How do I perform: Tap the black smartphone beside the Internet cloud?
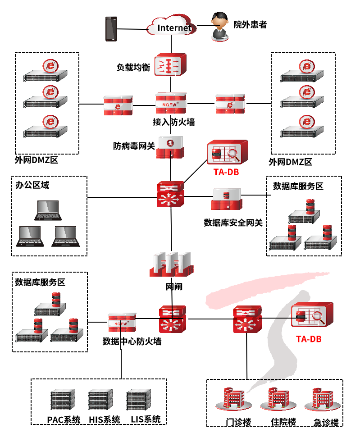(111, 29)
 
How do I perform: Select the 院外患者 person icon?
(220, 27)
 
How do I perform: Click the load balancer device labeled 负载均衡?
(170, 65)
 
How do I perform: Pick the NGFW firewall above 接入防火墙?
(171, 104)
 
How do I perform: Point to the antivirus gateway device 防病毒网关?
(171, 147)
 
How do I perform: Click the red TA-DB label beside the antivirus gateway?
(226, 172)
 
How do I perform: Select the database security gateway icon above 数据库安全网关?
(226, 198)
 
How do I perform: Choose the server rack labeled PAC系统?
(60, 400)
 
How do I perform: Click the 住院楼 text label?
(283, 423)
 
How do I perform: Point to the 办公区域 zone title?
(32, 185)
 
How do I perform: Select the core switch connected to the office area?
(171, 195)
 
